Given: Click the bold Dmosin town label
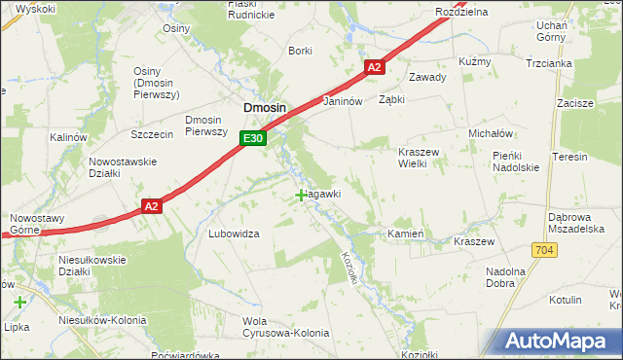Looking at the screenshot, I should pos(263,109).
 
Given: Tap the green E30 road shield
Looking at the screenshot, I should pos(253,139).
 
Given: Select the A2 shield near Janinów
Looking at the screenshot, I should pos(376,67).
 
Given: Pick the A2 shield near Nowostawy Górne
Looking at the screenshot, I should pos(151,206).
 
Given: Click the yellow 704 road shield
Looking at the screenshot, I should pos(543,251).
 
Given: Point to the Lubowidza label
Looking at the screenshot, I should pos(234,234).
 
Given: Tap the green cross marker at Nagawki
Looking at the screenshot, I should pos(301,196).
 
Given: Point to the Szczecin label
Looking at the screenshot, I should pos(151,133).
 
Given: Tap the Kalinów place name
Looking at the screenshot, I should pos(69,138).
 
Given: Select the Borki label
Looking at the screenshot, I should pos(300,51).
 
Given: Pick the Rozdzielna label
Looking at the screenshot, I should pos(461,12).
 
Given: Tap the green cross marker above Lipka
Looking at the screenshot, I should pos(20,303).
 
